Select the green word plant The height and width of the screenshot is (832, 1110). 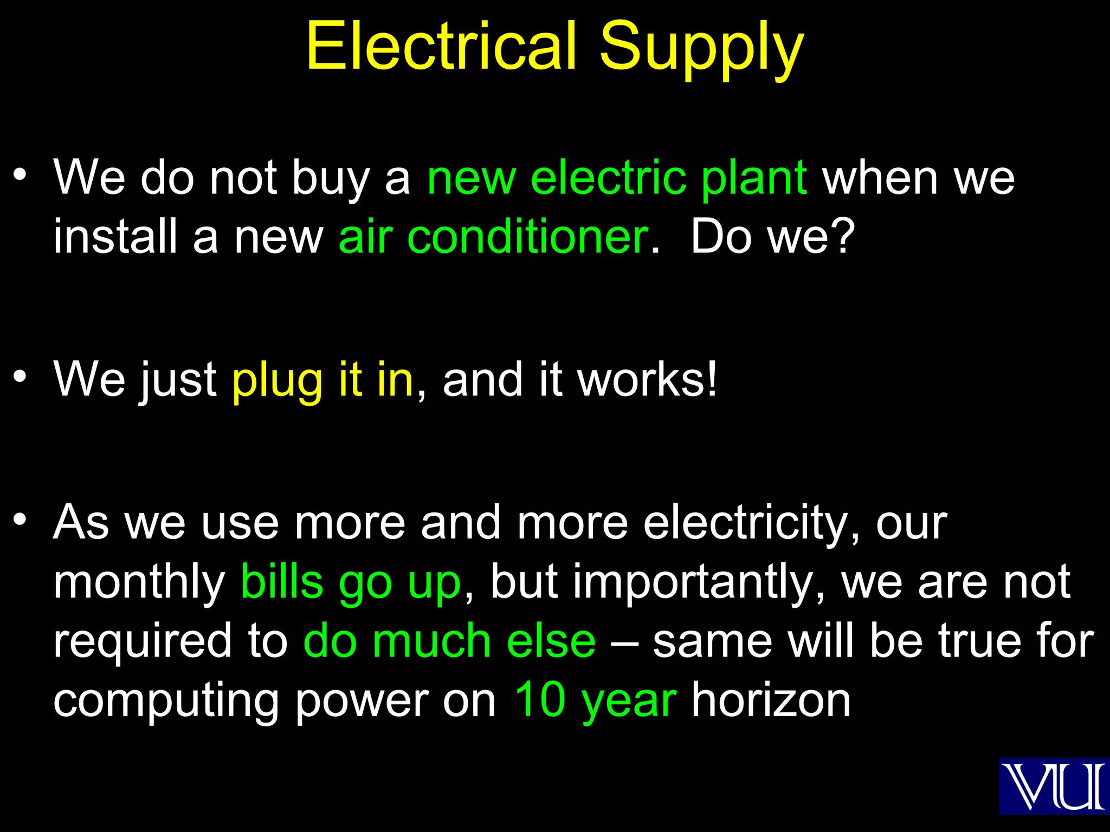point(754,179)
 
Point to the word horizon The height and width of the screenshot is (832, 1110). point(771,700)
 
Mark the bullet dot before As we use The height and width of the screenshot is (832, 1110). point(20,521)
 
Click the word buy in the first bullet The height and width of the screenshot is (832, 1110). point(331,179)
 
